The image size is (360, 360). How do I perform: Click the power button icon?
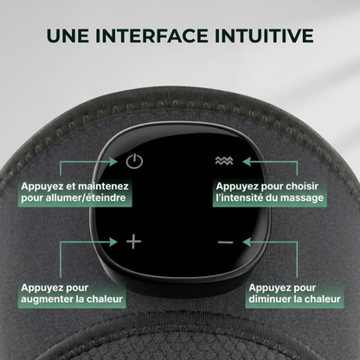click(x=134, y=161)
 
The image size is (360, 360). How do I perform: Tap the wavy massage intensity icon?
click(x=224, y=161)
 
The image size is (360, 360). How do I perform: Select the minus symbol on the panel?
click(x=226, y=242)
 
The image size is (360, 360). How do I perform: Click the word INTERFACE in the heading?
click(x=151, y=35)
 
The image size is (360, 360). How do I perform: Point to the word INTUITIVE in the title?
click(x=264, y=35)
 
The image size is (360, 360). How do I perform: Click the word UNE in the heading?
click(x=67, y=35)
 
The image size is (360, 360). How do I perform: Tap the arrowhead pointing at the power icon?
click(x=113, y=161)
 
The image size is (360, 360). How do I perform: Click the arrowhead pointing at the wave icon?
click(x=247, y=161)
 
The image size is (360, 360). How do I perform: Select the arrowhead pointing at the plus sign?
click(x=113, y=241)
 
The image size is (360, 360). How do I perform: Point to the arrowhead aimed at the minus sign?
click(x=247, y=241)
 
